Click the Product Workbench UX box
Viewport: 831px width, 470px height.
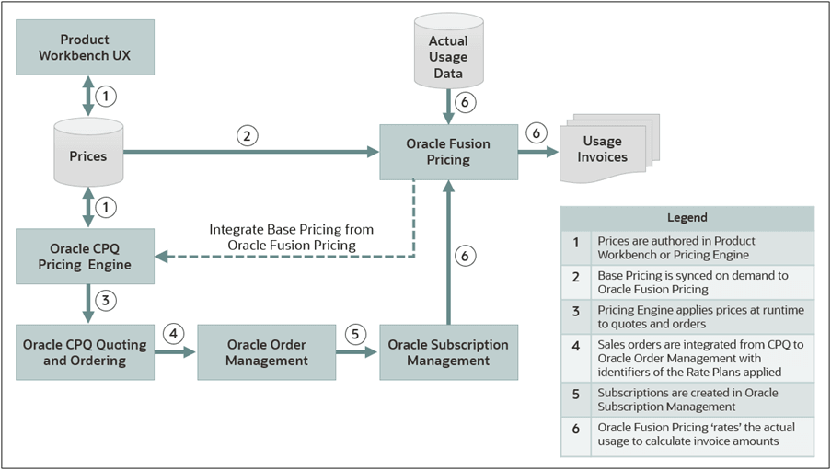click(x=85, y=48)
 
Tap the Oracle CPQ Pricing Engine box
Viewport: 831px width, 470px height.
click(x=85, y=257)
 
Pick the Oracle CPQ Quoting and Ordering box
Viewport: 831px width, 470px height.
click(x=85, y=352)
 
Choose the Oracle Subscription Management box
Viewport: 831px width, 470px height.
click(x=448, y=352)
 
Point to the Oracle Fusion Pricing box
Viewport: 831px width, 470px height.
click(x=448, y=152)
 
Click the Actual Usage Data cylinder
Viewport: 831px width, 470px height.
click(x=448, y=56)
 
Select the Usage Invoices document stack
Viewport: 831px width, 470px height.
click(x=602, y=149)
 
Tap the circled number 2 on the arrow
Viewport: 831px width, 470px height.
click(x=246, y=136)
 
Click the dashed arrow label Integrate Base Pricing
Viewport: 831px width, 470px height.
click(x=291, y=236)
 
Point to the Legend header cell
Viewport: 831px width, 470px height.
click(x=687, y=218)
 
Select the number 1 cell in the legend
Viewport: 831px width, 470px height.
click(x=576, y=247)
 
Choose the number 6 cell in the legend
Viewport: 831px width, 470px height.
click(x=576, y=434)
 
